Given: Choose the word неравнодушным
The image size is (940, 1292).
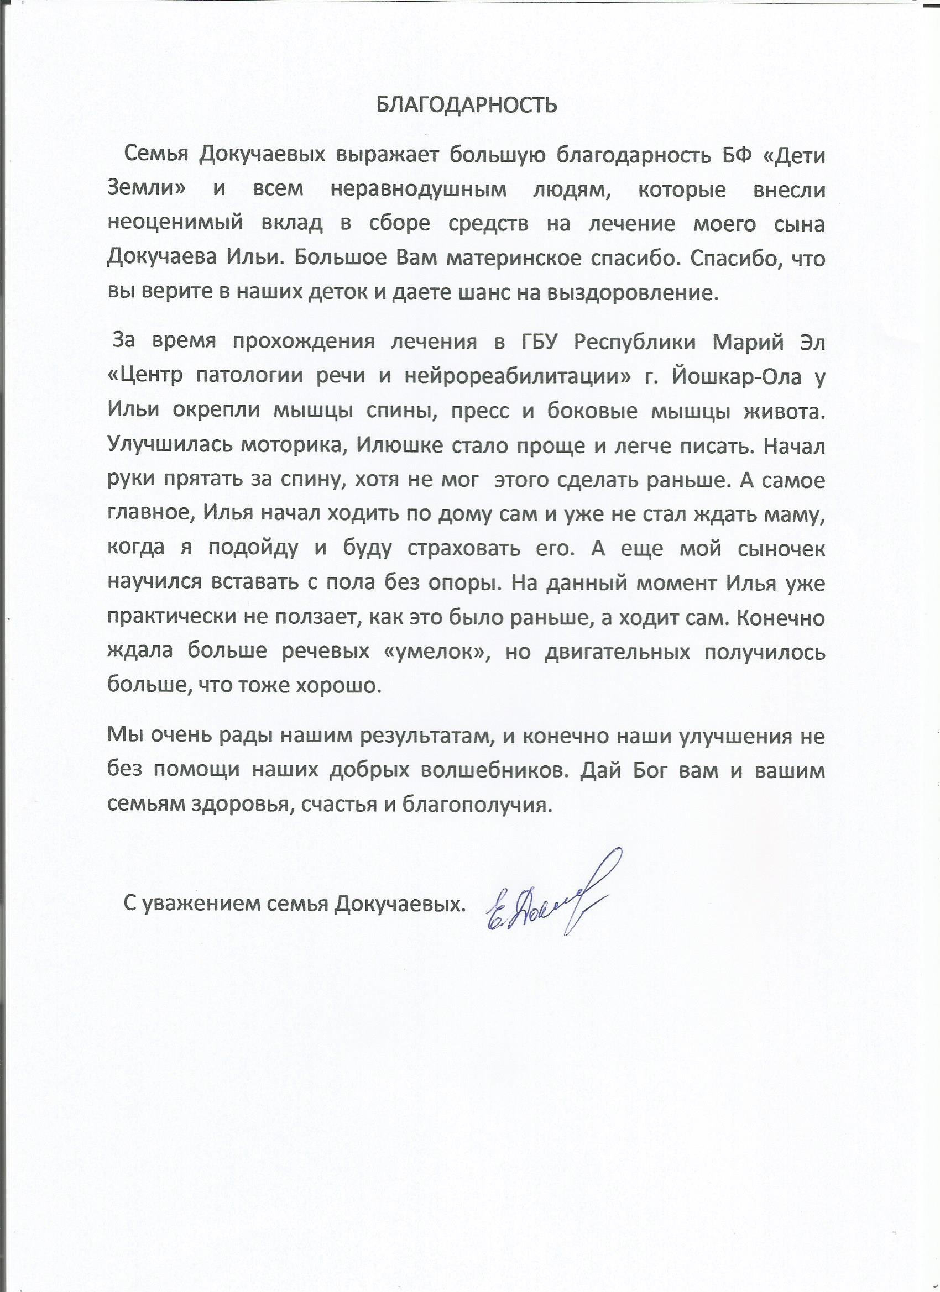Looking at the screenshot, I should pyautogui.click(x=419, y=190).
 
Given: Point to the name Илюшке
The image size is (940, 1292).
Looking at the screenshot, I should pyautogui.click(x=399, y=446).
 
